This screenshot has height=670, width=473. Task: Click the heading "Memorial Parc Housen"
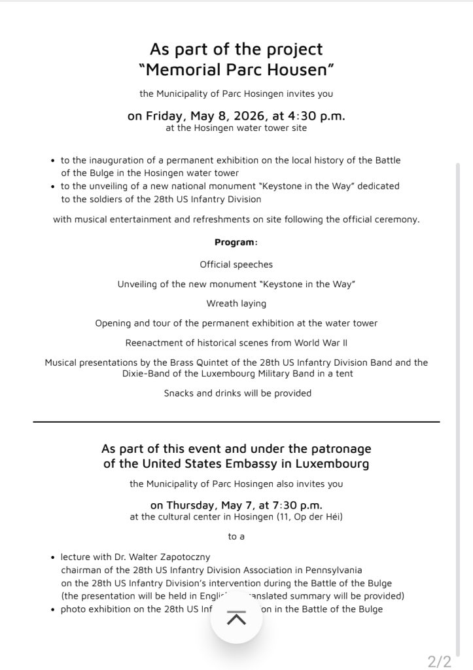[x=236, y=69]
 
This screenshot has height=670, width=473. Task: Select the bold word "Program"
[x=234, y=242]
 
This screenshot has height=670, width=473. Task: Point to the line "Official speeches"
[x=236, y=264]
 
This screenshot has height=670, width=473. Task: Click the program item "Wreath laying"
[x=236, y=304]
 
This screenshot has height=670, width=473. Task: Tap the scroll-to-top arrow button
[x=236, y=619]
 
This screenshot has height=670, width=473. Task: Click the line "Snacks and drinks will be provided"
[x=237, y=393]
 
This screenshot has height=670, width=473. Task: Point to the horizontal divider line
[x=236, y=422]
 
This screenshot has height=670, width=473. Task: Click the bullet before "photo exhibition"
[x=52, y=610]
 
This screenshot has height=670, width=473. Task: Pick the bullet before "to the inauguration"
[x=52, y=160]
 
